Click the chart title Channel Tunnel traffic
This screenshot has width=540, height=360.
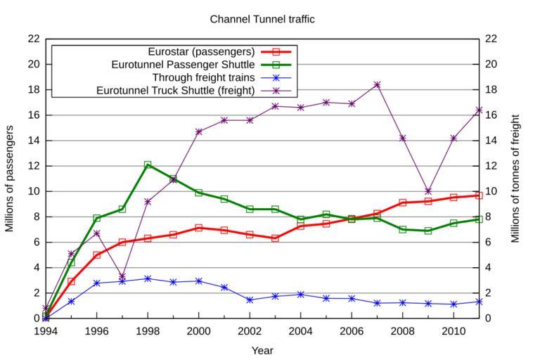[x=262, y=19]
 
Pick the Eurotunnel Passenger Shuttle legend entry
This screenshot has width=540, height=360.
[x=183, y=65]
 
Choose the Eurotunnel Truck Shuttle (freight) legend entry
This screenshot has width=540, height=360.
[x=175, y=90]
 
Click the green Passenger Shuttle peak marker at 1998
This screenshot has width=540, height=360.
[x=148, y=165]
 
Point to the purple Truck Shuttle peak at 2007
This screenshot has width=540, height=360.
[x=377, y=84]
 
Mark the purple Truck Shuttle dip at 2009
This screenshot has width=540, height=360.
[x=428, y=191]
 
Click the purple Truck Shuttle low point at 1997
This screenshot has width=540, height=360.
[x=122, y=276]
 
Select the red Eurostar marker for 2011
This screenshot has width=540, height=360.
[x=479, y=195]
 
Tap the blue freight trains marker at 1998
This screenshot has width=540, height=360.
[x=148, y=278]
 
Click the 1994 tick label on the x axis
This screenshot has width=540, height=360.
[x=46, y=331]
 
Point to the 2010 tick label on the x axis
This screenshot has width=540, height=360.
[x=454, y=331]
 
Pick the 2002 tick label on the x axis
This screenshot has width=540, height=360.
[x=250, y=331]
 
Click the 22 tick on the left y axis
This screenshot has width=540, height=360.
[x=33, y=39]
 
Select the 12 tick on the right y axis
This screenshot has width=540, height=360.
[x=492, y=166]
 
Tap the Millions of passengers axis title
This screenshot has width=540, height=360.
[x=10, y=179]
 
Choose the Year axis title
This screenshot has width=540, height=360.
[x=262, y=350]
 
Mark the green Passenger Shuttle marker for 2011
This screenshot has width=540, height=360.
[x=479, y=219]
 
